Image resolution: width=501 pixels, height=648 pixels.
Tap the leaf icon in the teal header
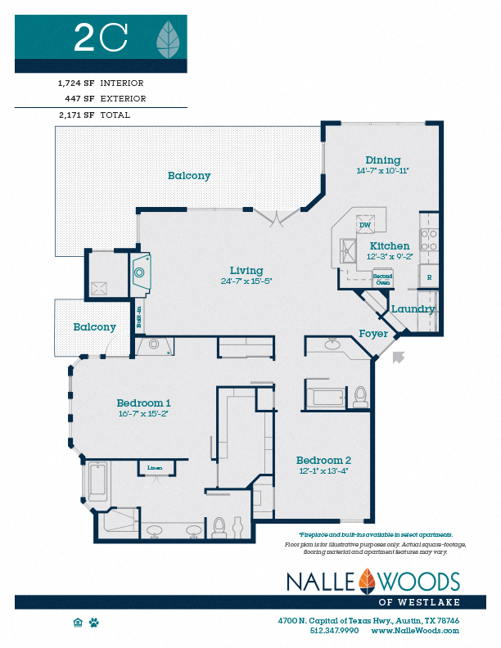point(169,37)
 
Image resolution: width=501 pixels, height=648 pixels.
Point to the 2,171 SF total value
point(76,115)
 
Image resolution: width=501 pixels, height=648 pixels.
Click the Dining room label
point(383,160)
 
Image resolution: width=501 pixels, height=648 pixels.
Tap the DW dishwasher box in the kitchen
point(365,225)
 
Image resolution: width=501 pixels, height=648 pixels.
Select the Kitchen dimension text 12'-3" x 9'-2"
point(390,256)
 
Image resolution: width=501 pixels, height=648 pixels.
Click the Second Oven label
point(382,278)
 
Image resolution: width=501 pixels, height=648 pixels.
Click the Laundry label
point(413,309)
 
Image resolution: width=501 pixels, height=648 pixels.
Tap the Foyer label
point(373,334)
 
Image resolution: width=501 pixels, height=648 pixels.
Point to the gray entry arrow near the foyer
point(399,356)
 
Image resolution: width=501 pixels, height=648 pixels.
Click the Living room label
point(246,271)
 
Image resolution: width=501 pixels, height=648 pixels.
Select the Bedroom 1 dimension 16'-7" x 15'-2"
point(143,414)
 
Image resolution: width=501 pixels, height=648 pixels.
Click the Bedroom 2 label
point(323,460)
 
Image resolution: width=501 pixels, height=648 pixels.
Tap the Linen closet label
point(155,468)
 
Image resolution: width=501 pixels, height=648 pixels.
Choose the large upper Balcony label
point(189,176)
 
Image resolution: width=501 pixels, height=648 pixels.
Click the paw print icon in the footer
point(95,622)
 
